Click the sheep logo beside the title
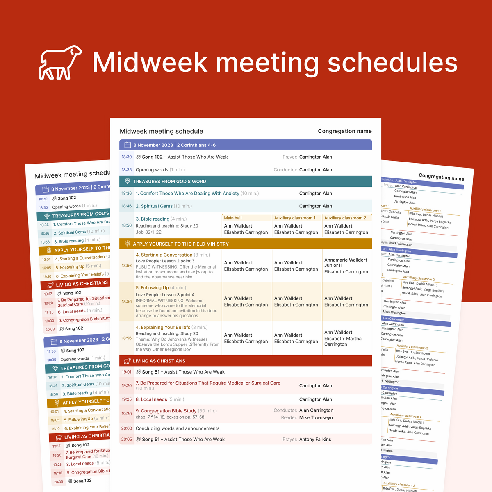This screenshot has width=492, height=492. tap(60, 62)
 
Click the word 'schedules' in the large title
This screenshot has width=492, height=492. tap(392, 62)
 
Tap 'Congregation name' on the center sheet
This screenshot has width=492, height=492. tap(345, 131)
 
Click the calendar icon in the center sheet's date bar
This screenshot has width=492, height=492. tap(128, 145)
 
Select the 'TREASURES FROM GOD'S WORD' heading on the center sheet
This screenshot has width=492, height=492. tap(169, 181)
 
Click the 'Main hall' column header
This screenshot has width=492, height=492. tap(233, 218)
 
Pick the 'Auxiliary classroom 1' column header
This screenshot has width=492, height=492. tap(295, 218)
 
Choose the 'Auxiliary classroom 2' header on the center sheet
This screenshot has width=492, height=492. tap(345, 218)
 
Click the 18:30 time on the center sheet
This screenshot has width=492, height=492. tap(127, 157)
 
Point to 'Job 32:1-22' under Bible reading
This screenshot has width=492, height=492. tap(148, 232)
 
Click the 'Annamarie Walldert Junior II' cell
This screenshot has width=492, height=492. tap(346, 262)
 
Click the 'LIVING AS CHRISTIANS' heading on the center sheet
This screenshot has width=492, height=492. tap(159, 361)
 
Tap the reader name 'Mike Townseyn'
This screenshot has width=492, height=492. tap(316, 417)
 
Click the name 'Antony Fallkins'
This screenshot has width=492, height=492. tap(315, 440)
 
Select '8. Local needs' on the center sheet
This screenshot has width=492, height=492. tap(151, 399)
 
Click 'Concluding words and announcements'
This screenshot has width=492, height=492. tap(178, 428)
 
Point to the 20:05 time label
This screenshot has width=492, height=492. tap(127, 440)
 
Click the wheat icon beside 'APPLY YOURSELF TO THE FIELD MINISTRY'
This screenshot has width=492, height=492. tap(128, 244)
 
